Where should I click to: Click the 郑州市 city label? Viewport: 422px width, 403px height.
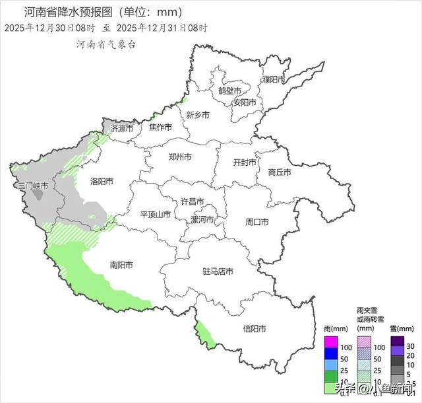(179, 157)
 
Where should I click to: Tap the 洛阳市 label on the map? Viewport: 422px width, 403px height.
(102, 181)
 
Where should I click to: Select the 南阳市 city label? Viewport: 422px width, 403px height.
(121, 265)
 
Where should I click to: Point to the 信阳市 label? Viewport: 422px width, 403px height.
(254, 328)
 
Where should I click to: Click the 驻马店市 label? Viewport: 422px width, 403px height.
(218, 272)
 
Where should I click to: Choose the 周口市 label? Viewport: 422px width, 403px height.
(256, 222)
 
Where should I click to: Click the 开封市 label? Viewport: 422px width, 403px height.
(246, 163)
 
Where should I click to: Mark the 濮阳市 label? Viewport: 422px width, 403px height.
(272, 79)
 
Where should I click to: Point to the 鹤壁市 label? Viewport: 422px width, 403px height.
(229, 91)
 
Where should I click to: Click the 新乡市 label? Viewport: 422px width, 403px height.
(197, 114)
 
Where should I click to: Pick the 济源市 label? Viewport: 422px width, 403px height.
(122, 128)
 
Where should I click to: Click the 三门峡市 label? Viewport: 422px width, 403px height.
(33, 186)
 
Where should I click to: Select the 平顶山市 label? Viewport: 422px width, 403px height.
(156, 214)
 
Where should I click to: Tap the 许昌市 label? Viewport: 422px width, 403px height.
(193, 201)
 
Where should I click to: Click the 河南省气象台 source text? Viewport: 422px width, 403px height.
(105, 44)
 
